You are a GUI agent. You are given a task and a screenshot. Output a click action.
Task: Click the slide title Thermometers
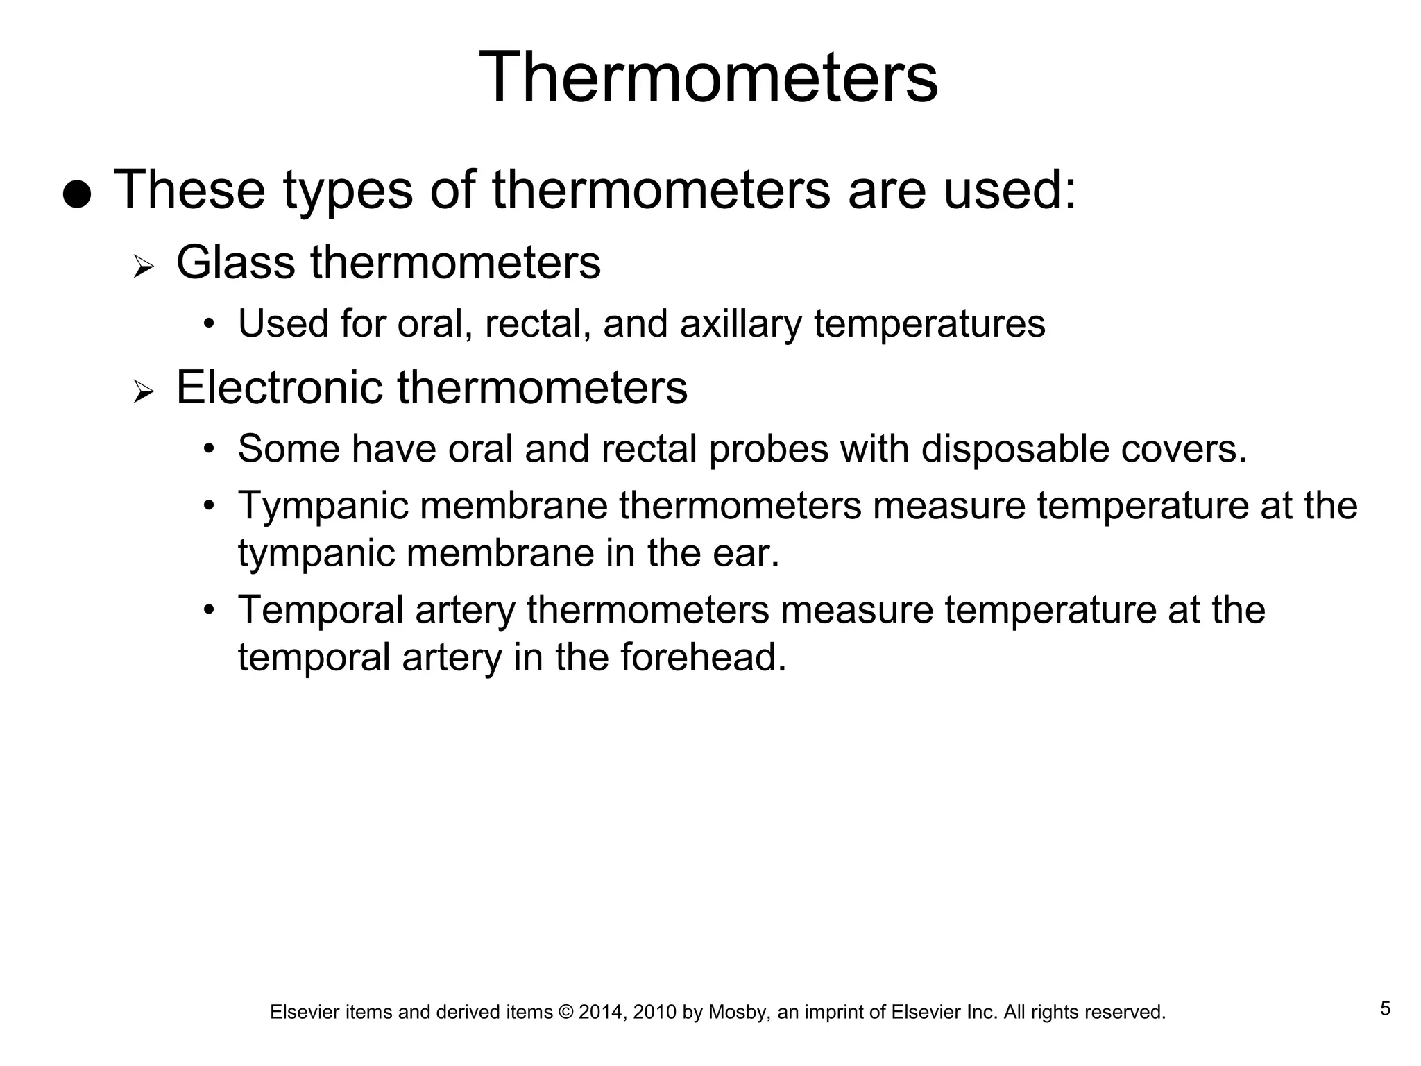(708, 77)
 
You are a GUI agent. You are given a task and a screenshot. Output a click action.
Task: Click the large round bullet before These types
(76, 195)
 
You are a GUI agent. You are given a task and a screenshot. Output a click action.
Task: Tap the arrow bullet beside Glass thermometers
(143, 267)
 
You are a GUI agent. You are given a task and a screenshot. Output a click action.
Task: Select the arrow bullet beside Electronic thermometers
(143, 392)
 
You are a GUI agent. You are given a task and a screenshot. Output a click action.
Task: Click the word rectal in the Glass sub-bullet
(537, 324)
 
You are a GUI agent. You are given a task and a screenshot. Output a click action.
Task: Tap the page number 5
(1385, 1008)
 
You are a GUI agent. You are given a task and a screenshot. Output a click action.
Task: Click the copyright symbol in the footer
(565, 1013)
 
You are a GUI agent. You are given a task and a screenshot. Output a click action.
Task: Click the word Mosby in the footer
(738, 1013)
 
